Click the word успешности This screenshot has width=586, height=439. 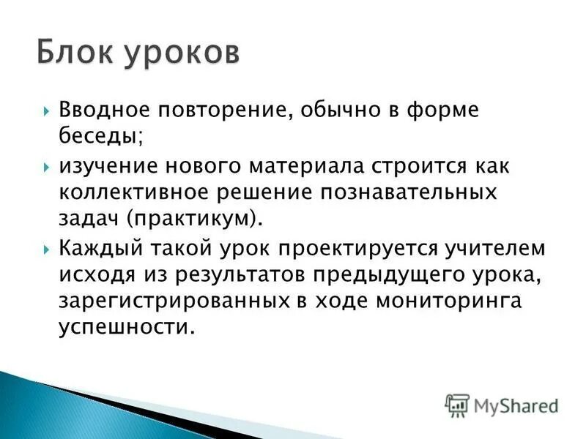tap(127, 326)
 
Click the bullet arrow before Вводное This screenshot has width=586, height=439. tap(47, 112)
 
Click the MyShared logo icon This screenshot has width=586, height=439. tap(457, 404)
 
